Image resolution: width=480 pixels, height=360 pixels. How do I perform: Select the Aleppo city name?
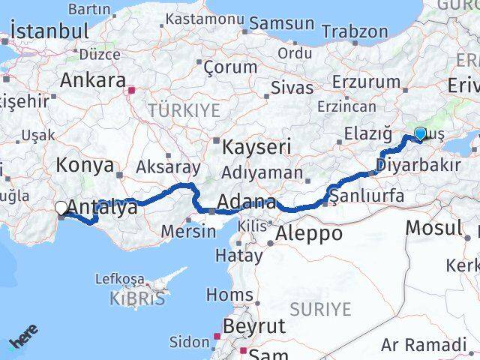[x=309, y=233]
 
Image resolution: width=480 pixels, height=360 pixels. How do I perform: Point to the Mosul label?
[x=435, y=227]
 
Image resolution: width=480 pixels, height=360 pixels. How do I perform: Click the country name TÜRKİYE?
[x=184, y=111]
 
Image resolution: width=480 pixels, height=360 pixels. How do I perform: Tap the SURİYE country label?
[x=320, y=308]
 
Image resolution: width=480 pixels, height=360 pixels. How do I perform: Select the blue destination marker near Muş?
[x=420, y=134]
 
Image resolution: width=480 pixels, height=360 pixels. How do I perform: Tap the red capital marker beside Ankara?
[x=132, y=91]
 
